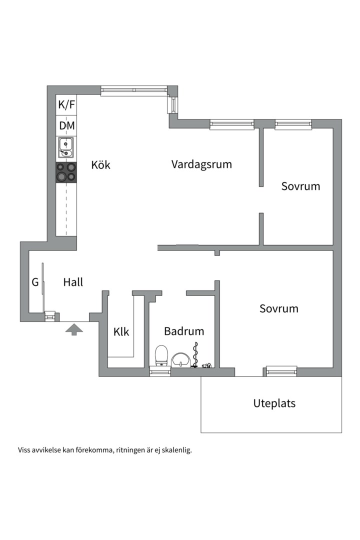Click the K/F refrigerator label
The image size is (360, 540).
66,105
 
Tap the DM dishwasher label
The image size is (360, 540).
66,125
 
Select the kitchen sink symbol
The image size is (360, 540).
66,146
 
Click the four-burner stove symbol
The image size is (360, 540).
66,172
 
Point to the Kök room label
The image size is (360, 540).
100,165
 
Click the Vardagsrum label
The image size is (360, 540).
201,164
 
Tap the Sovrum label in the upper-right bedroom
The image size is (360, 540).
300,186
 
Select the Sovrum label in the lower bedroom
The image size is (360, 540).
278,308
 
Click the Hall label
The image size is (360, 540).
73,282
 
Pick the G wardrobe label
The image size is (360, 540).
35,282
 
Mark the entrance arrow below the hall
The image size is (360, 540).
74,329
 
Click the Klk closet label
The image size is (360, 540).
121,331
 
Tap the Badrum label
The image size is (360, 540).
184,331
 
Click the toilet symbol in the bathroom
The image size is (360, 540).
161,356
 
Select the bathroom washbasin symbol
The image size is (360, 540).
180,359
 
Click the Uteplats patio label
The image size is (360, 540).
274,403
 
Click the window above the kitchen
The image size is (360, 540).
133,90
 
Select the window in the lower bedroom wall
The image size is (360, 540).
281,371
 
